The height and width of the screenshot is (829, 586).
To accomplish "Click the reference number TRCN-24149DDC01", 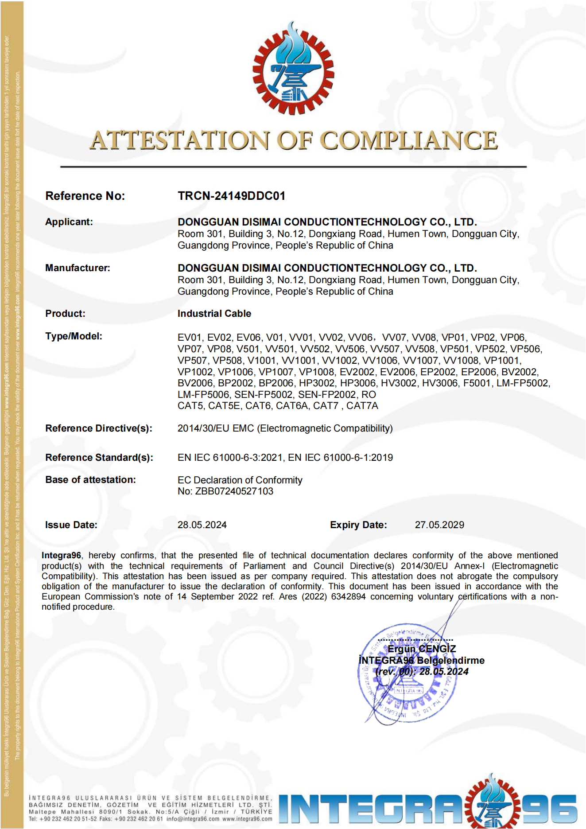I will tap(231, 196).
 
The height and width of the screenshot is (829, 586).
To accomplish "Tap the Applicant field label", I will tap(69, 222).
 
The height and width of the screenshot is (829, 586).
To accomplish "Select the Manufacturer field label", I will tap(78, 268).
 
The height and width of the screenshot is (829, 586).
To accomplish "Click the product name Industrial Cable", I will tap(214, 314).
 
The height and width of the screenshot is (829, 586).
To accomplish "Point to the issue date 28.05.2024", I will tap(202, 525).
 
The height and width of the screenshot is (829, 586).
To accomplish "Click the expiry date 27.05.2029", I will tap(439, 525).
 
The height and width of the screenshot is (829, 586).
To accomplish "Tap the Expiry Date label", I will tap(358, 525).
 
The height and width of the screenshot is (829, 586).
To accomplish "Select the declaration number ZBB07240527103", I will tap(234, 491).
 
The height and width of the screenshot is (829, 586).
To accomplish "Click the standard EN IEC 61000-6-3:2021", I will tap(230, 458).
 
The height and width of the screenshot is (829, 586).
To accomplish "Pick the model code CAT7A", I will tap(362, 406).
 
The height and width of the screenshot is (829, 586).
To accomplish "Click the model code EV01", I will tap(190, 338).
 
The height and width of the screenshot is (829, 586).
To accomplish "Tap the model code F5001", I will tap(477, 383).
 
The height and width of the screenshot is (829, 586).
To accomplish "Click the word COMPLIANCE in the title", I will tap(408, 140).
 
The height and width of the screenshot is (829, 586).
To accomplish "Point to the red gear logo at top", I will tap(293, 69).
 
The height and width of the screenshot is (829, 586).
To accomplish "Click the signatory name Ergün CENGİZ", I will tap(422, 649).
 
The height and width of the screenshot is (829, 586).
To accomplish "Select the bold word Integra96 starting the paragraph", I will tap(61, 556).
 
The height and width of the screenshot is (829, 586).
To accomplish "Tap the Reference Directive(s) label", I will tap(99, 428).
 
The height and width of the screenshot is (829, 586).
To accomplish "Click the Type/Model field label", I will tap(74, 336).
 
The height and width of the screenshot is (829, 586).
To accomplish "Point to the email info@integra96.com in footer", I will tap(193, 819).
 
